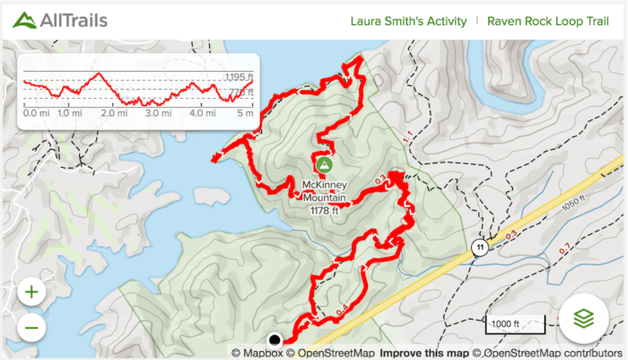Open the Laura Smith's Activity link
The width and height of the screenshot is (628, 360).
click(409, 22)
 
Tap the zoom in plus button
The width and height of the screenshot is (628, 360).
click(31, 292)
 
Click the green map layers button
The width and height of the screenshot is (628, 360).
click(583, 318)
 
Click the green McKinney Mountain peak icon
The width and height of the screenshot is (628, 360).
click(323, 164)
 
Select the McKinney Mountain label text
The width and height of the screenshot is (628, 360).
click(323, 191)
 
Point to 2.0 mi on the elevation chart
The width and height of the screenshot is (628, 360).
click(114, 114)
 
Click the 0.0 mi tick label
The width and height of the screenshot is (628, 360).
click(36, 114)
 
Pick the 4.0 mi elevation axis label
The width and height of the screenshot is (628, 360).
click(203, 114)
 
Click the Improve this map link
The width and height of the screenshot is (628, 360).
click(424, 353)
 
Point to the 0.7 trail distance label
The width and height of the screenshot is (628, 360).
click(565, 248)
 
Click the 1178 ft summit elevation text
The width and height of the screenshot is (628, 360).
click(324, 211)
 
